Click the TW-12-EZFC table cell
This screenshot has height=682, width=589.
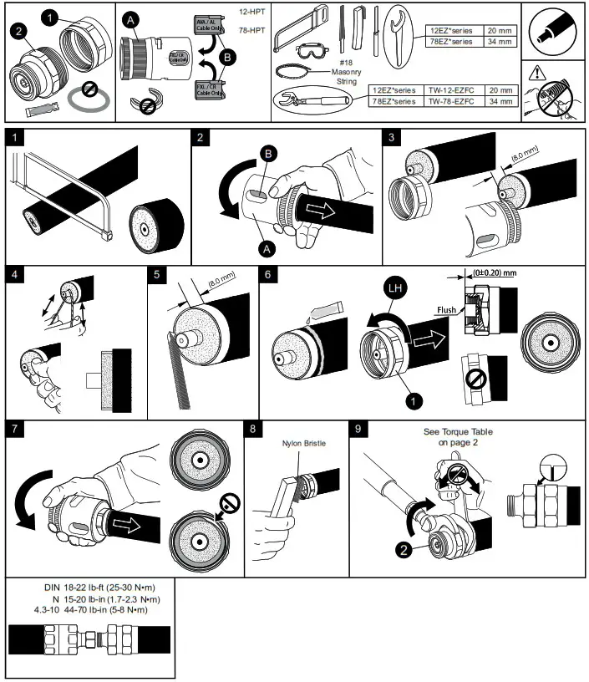pyautogui.click(x=451, y=89)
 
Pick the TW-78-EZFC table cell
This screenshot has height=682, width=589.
pyautogui.click(x=451, y=101)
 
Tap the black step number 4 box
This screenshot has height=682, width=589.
pyautogui.click(x=13, y=274)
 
